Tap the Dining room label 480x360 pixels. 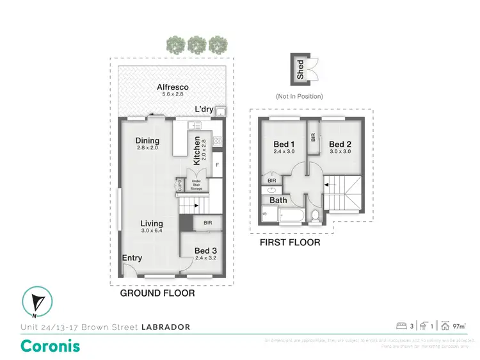click(147, 141)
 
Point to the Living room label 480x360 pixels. click(152, 224)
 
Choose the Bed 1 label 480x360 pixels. click(284, 144)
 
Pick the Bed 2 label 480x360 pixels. click(340, 144)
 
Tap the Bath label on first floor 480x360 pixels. click(278, 200)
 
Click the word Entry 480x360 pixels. click(132, 258)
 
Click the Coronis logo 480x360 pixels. click(51, 346)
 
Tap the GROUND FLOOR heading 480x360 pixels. click(157, 293)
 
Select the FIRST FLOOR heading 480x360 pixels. click(289, 243)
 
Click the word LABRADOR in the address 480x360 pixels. click(165, 327)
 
